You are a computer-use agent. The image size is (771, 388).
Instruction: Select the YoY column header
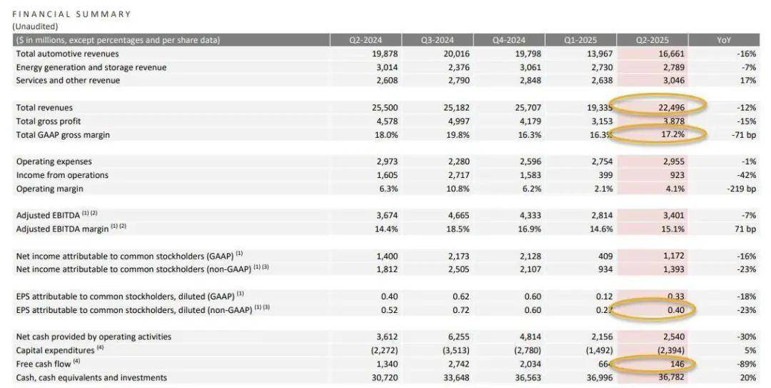tap(724, 40)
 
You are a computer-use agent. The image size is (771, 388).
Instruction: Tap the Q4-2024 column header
tap(508, 40)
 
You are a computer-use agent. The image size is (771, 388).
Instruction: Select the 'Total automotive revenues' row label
tap(68, 54)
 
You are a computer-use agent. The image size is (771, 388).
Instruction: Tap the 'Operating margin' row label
tap(50, 189)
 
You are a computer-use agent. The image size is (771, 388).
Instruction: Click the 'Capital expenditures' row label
tap(56, 350)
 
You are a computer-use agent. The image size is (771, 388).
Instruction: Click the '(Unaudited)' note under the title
tap(35, 26)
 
